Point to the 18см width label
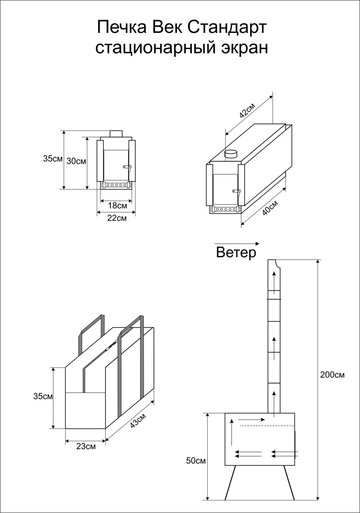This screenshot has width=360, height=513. (x=117, y=206)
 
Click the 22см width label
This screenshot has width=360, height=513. (x=117, y=218)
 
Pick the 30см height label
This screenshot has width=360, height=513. (x=76, y=161)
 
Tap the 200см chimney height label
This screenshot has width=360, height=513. (x=332, y=375)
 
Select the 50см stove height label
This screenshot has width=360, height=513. (x=195, y=461)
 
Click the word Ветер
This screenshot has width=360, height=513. (x=236, y=252)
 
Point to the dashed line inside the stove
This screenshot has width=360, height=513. (x=267, y=426)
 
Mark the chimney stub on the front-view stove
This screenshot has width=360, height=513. (x=116, y=134)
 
